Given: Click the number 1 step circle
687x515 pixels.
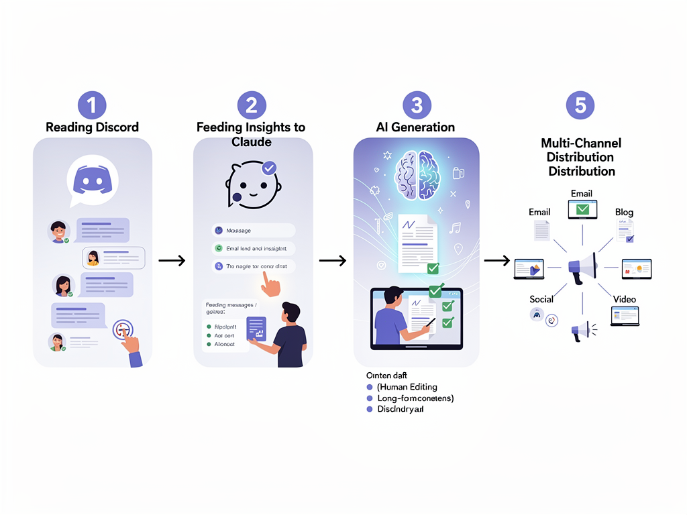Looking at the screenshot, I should (92, 105).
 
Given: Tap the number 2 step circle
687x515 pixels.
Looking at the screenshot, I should (252, 105).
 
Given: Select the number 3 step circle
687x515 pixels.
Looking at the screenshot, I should (417, 105).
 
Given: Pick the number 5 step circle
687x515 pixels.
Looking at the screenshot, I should (580, 105).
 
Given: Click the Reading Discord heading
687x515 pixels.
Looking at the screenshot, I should (92, 127).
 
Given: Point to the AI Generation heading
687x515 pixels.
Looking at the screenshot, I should (417, 127).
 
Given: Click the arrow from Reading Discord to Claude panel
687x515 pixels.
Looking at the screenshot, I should (172, 260).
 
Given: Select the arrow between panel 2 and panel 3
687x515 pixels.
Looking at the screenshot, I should (332, 260).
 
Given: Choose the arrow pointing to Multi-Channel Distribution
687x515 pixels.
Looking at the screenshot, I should (496, 260).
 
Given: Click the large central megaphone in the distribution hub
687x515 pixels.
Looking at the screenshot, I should (582, 267).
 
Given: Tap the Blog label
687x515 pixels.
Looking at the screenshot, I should (624, 213).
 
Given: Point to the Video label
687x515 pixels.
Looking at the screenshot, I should (624, 299).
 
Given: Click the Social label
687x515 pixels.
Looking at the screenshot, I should (541, 299).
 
